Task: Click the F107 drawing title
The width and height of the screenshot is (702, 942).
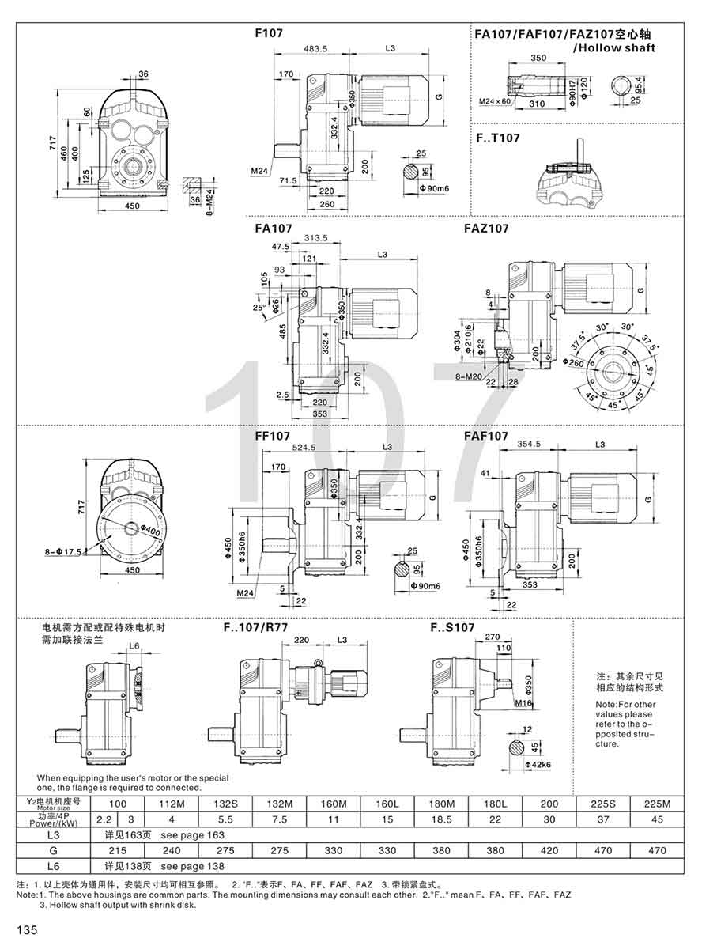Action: click(269, 34)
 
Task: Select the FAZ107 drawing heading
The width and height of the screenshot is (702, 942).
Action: click(486, 228)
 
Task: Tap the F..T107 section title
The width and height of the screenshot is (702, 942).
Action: click(497, 138)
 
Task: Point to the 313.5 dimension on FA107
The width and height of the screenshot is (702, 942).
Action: click(314, 238)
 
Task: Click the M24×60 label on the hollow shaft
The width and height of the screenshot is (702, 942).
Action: click(495, 102)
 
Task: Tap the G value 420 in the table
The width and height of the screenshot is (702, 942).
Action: click(549, 850)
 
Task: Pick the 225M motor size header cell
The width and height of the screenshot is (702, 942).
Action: click(658, 804)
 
